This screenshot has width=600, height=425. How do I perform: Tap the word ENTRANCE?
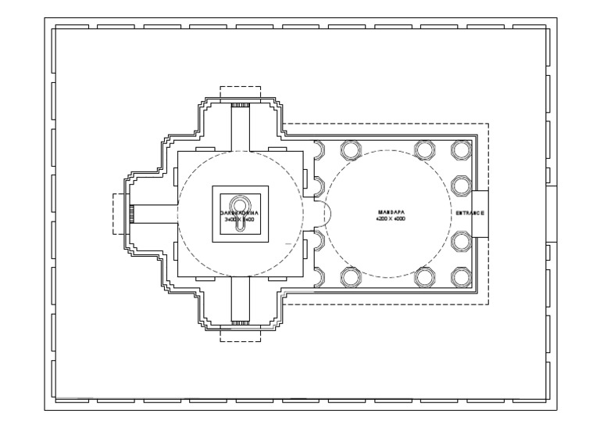pos(472,214)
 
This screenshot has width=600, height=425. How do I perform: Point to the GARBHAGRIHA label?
pos(240,212)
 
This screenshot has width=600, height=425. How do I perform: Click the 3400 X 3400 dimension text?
pos(240,220)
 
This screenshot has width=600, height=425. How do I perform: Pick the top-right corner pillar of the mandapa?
pos(461,149)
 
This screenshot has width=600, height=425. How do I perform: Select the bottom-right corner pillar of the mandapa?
pos(461,276)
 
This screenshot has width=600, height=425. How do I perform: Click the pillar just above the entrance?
pos(461,184)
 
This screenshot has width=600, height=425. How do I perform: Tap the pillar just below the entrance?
pos(461,241)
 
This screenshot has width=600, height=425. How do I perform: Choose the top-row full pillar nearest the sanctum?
pos(348,149)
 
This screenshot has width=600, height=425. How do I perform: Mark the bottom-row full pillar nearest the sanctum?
pos(348,276)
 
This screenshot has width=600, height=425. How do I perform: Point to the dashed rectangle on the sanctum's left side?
pos(120,213)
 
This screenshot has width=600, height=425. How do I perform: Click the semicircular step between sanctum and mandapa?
pos(327,213)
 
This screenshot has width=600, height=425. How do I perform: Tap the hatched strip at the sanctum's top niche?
pos(240,104)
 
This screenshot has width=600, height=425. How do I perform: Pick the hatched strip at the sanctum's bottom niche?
pos(240,322)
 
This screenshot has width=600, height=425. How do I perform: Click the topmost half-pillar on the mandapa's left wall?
pos(319,149)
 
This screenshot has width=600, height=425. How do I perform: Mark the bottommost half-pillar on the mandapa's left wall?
pos(319,276)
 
